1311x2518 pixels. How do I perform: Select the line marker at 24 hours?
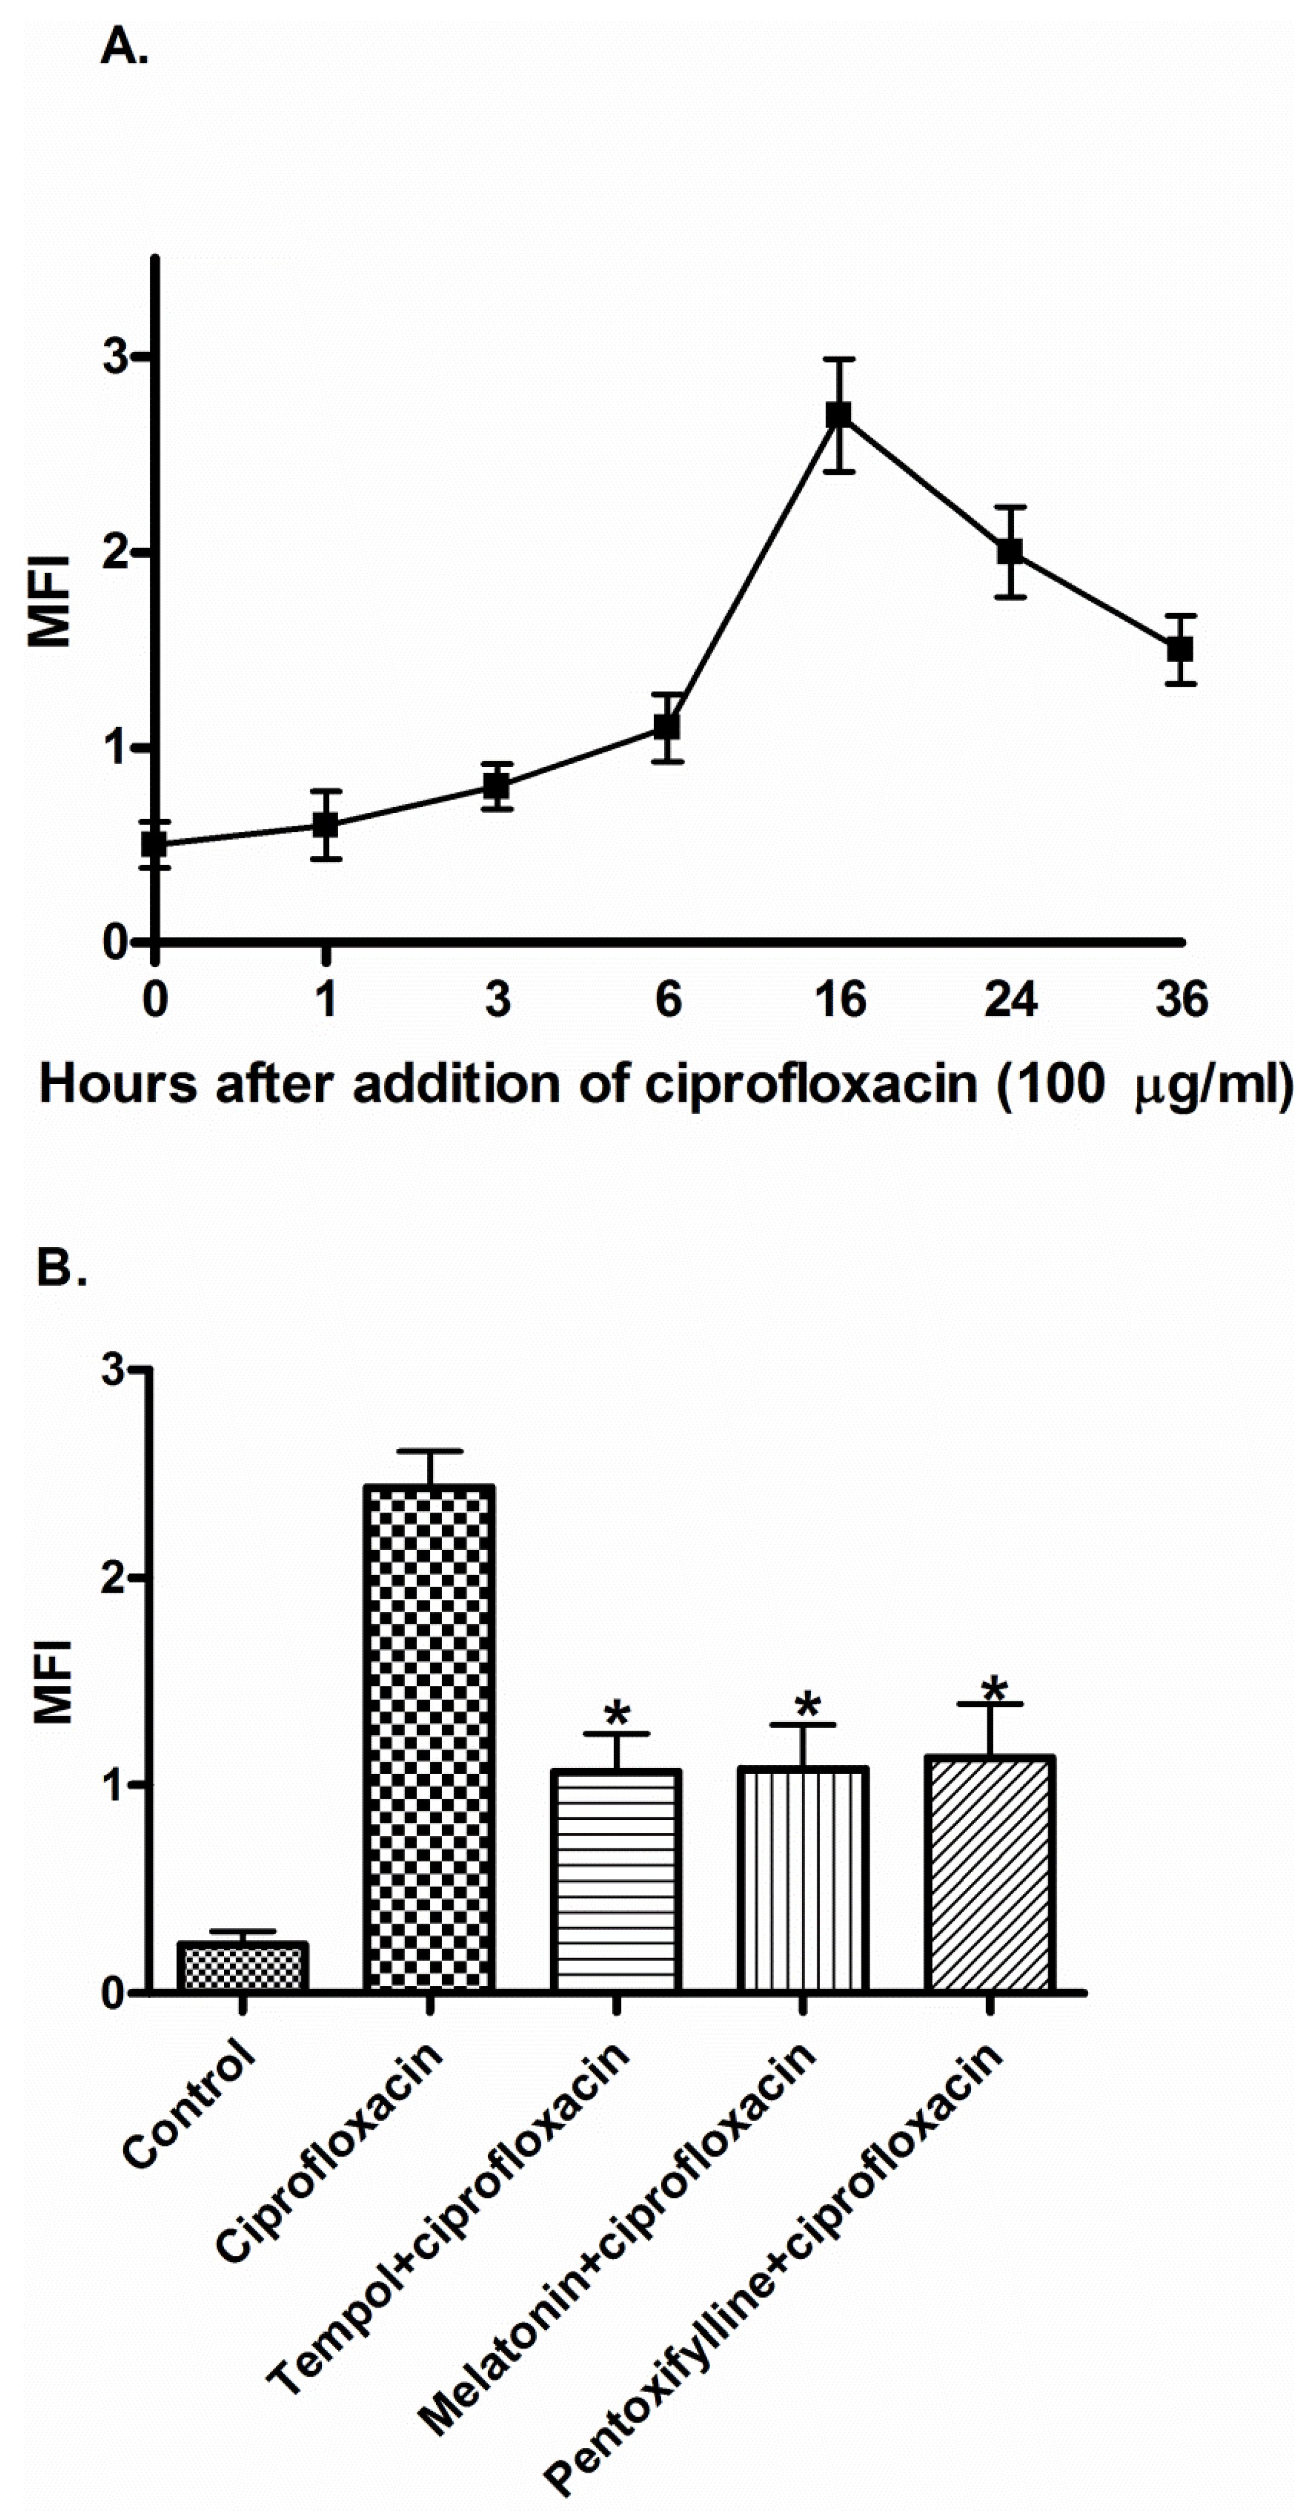point(1010,551)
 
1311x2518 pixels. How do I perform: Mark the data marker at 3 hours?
point(496,785)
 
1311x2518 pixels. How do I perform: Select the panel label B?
point(60,1268)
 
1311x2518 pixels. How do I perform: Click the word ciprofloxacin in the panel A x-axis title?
point(809,1085)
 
